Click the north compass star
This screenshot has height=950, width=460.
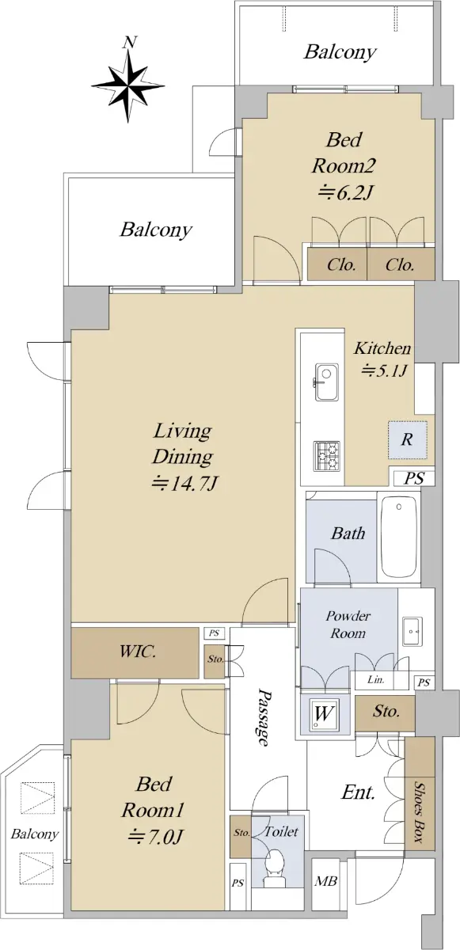pyautogui.click(x=128, y=85)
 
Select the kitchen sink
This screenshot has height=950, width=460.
pyautogui.click(x=326, y=382)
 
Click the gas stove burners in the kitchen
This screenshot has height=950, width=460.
pyautogui.click(x=326, y=456)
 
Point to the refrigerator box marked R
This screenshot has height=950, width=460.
pyautogui.click(x=408, y=440)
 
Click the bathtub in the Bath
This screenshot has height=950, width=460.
pyautogui.click(x=398, y=537)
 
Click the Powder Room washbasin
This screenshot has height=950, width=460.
pyautogui.click(x=412, y=632)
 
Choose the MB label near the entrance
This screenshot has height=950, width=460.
pyautogui.click(x=325, y=881)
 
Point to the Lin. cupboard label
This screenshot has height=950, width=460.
pyautogui.click(x=376, y=680)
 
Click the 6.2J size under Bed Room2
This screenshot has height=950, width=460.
pyautogui.click(x=345, y=193)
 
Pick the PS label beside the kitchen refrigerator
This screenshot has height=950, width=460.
pyautogui.click(x=414, y=478)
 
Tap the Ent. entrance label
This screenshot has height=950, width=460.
pyautogui.click(x=358, y=792)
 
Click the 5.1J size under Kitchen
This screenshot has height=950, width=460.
pyautogui.click(x=385, y=370)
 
